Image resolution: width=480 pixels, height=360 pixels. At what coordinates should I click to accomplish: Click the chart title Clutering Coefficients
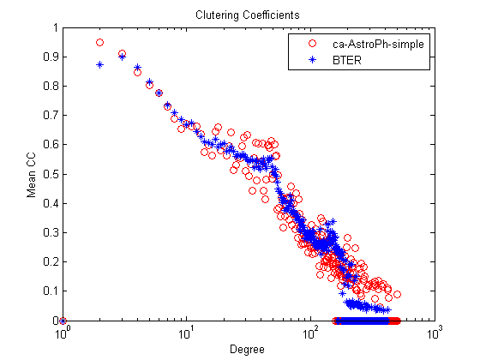pos(248,15)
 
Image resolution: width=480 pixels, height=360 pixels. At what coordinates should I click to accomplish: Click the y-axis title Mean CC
pos(31,175)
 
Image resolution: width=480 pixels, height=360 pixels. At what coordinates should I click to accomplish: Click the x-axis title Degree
pos(247,350)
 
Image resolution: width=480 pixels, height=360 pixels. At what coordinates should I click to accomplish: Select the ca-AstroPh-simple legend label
pos(378,45)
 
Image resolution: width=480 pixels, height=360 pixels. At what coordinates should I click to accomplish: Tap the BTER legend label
pos(347,60)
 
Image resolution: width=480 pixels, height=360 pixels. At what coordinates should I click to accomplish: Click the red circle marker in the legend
pos(312,44)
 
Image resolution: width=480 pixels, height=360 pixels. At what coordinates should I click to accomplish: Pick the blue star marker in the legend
pos(312,59)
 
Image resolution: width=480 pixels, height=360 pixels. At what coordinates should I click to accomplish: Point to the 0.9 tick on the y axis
pos(51,57)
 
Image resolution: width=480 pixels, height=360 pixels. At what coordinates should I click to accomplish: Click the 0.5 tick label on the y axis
pos(51,174)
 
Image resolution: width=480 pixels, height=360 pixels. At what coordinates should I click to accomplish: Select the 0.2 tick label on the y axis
pos(51,261)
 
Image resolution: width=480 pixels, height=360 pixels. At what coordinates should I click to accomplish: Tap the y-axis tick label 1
pos(56,27)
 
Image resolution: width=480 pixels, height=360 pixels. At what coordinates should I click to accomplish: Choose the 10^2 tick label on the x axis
pos(311,333)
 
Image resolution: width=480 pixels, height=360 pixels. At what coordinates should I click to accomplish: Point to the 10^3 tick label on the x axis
pos(435,333)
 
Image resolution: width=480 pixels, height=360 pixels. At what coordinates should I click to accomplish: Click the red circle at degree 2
pos(99,43)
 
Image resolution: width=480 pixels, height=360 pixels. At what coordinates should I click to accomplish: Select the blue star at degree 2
pos(99,64)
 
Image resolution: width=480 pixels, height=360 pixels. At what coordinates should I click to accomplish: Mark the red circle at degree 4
pos(137,73)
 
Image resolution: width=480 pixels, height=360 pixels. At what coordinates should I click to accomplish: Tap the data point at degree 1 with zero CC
pos(63,321)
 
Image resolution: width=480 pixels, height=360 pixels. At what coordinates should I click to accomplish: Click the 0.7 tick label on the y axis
pos(51,116)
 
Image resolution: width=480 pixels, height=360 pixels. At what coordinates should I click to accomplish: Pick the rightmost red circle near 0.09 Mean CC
pos(397,294)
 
